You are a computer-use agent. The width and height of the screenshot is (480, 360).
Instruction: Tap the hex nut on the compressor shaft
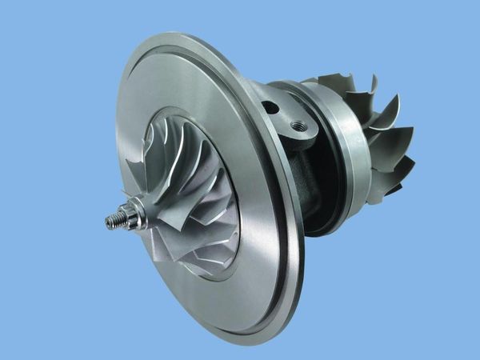click(x=129, y=212)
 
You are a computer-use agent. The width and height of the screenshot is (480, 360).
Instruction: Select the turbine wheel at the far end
click(x=376, y=136)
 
